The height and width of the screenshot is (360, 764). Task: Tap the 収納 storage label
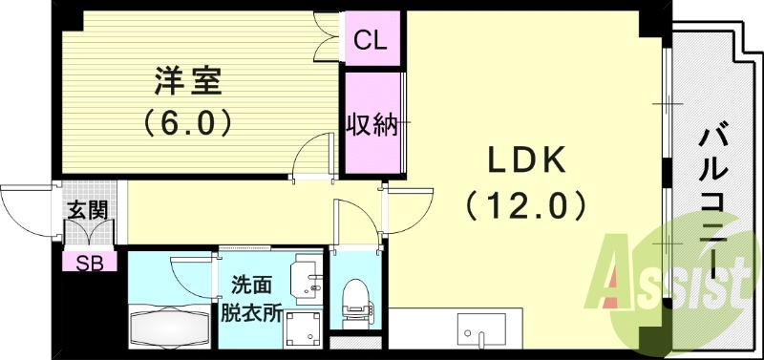[371, 124]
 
